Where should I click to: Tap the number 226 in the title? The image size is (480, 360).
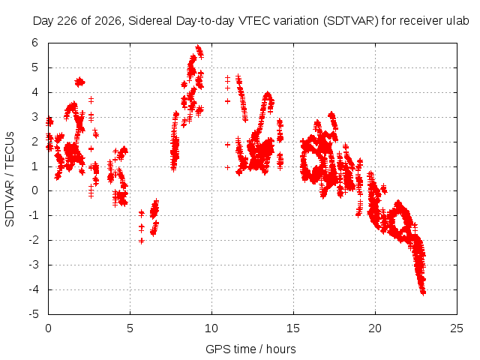pyautogui.click(x=67, y=21)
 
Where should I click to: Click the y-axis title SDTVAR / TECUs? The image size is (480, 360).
pyautogui.click(x=10, y=179)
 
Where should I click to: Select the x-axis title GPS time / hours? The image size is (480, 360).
pyautogui.click(x=250, y=349)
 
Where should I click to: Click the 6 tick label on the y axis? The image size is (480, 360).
pyautogui.click(x=35, y=43)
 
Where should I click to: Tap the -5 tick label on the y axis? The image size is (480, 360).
pyautogui.click(x=34, y=314)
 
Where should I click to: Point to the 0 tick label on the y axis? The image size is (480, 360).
pyautogui.click(x=35, y=190)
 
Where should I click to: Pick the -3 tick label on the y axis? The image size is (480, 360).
pyautogui.click(x=34, y=265)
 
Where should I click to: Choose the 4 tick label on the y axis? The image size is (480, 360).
pyautogui.click(x=35, y=91)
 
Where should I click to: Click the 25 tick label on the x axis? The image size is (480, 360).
pyautogui.click(x=457, y=328)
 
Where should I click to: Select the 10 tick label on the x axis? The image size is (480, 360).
pyautogui.click(x=211, y=328)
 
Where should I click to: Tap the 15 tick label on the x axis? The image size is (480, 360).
pyautogui.click(x=293, y=328)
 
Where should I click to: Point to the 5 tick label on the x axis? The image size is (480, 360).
pyautogui.click(x=130, y=328)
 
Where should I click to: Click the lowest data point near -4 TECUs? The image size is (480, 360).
pyautogui.click(x=423, y=293)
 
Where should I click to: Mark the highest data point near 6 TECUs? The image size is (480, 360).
pyautogui.click(x=198, y=47)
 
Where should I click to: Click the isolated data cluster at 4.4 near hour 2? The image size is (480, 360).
pyautogui.click(x=79, y=82)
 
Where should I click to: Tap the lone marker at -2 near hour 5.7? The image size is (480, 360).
pyautogui.click(x=141, y=241)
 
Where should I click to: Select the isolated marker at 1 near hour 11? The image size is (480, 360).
pyautogui.click(x=227, y=167)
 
